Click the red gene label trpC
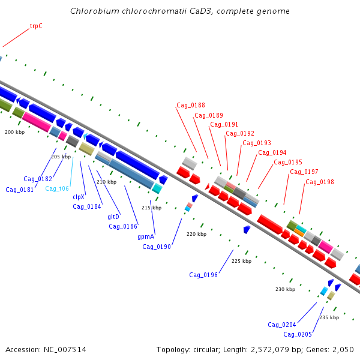pos(36,26)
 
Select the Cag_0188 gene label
pos(191,105)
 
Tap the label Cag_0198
pos(320,182)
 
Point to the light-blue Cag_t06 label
pos(57,188)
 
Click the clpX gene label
pos(79,197)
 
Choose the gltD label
pos(113,217)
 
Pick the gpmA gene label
pos(146,236)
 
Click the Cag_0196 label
pos(203,275)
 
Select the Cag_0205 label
pos(298,334)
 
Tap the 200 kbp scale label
pos(14,132)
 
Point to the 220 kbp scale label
pos(197,234)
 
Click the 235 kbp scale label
pos(329,317)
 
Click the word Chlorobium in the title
pos(95,11)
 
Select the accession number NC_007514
pos(65,350)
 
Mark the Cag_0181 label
pos(20,190)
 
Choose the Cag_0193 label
pos(257,143)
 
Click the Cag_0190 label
pos(157,247)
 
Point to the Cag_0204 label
pos(282,325)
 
